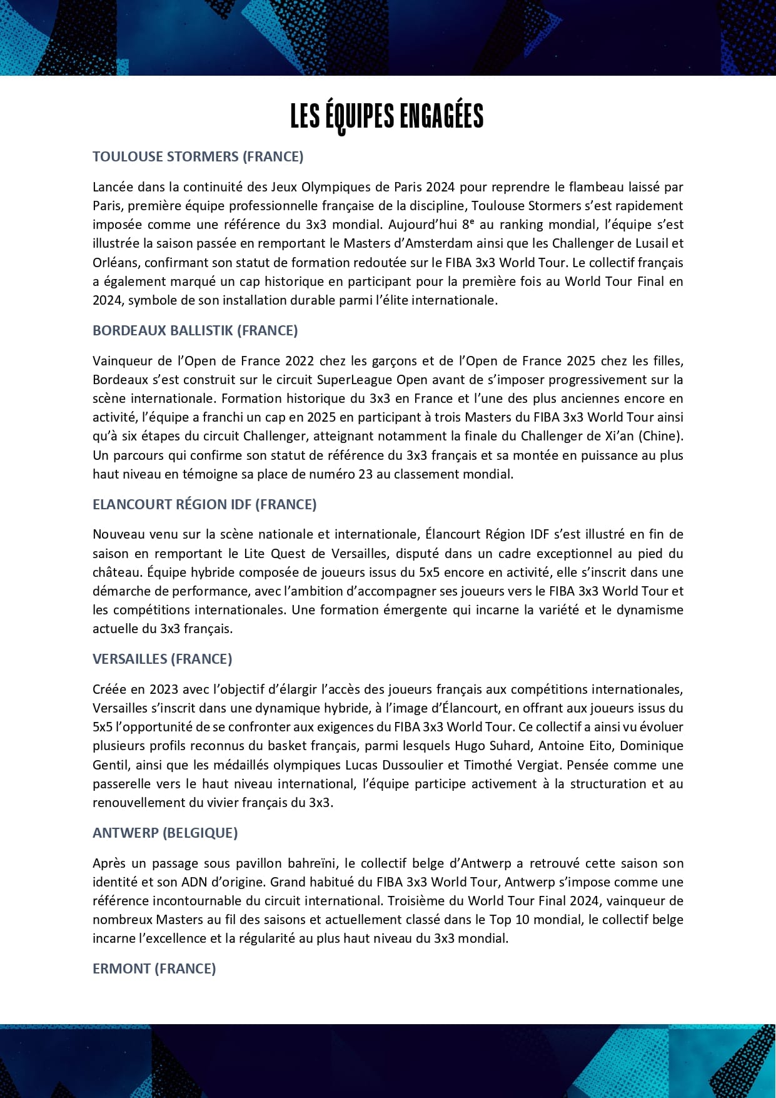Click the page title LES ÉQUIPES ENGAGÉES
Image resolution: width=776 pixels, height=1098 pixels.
click(x=387, y=117)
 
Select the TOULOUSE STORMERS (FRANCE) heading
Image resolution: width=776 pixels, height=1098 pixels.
click(x=198, y=156)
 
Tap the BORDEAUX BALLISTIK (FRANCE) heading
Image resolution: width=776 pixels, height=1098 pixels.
click(x=195, y=330)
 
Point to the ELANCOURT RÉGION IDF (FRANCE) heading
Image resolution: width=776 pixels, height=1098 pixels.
click(x=204, y=504)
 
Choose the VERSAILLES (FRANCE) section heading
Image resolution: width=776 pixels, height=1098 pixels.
click(x=162, y=659)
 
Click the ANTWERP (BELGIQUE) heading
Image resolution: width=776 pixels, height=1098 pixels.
click(x=165, y=833)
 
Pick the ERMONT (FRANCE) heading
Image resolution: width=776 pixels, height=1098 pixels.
click(x=154, y=968)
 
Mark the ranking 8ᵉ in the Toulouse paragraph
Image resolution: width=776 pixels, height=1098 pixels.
click(x=466, y=225)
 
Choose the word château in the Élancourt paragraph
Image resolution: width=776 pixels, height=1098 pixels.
click(x=113, y=572)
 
